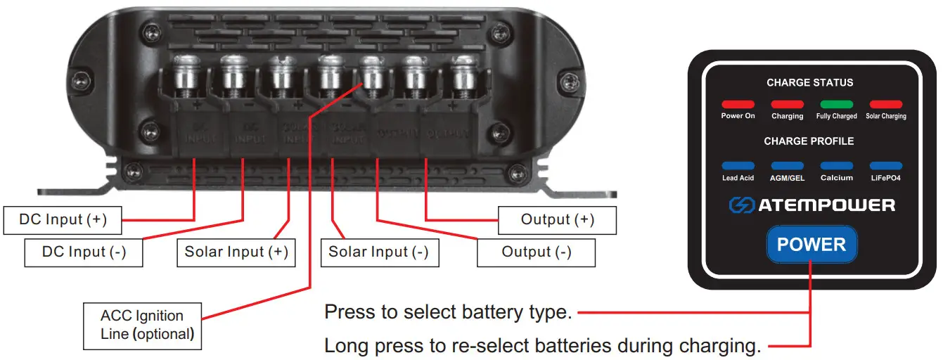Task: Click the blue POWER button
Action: click(x=812, y=245)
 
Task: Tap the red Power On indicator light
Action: click(x=738, y=105)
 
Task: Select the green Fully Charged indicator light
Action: click(x=836, y=105)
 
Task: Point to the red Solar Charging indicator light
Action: click(x=885, y=105)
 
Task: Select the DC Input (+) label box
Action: click(x=63, y=220)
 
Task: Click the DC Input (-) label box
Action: click(x=84, y=252)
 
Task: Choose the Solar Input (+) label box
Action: click(x=236, y=252)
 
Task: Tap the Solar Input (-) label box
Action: click(x=379, y=252)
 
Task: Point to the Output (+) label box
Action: click(x=557, y=220)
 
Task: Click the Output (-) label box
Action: click(x=536, y=252)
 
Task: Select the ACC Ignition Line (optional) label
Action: click(x=142, y=326)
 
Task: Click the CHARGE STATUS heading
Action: click(x=809, y=82)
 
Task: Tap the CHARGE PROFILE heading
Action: click(x=809, y=141)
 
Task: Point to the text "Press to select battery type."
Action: click(x=447, y=312)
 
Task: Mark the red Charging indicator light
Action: click(x=787, y=105)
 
